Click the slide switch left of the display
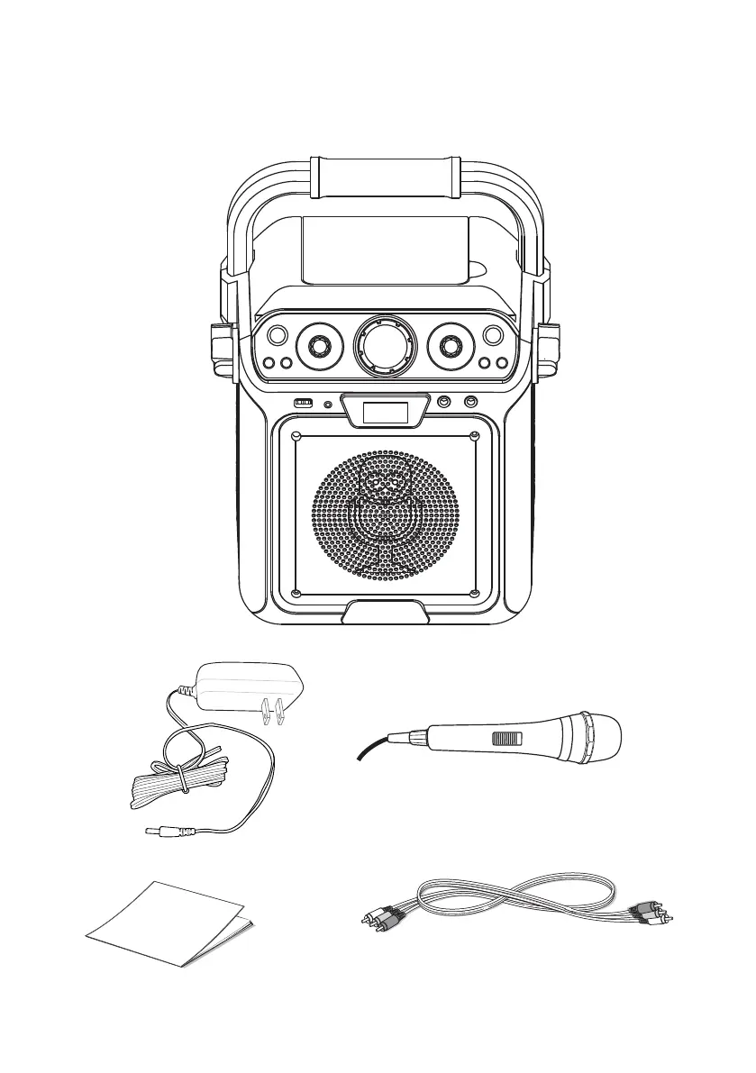coord(305,403)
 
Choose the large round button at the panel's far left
coord(278,335)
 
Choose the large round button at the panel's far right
coord(493,335)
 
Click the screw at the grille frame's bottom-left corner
coord(297,592)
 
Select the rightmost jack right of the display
coord(469,403)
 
